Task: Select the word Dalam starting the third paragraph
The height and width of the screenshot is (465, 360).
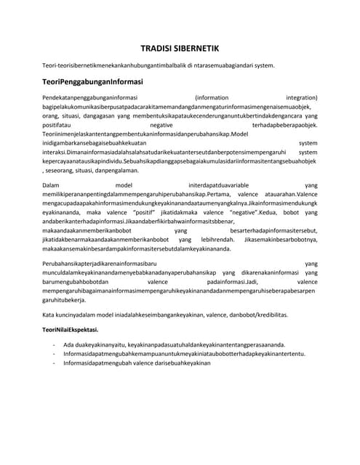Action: click(x=53, y=185)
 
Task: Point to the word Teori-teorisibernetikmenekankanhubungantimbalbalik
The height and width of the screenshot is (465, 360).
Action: click(x=123, y=65)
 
